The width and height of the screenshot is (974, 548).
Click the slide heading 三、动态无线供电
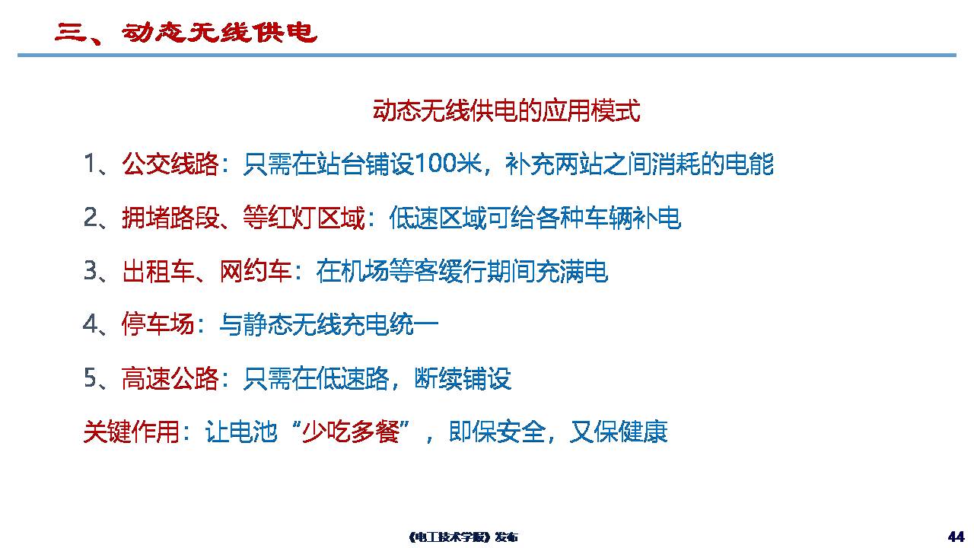pyautogui.click(x=186, y=33)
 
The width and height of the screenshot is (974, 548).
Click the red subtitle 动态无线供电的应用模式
pyautogui.click(x=506, y=111)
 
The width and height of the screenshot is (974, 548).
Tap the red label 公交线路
pyautogui.click(x=170, y=164)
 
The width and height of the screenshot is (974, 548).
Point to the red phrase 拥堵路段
pyautogui.click(x=170, y=218)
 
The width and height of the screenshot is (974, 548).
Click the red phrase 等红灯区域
pyautogui.click(x=304, y=218)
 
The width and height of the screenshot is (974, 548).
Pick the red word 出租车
pyautogui.click(x=158, y=271)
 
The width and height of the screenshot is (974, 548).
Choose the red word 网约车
pyautogui.click(x=256, y=271)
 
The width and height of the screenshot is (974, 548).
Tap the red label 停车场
pyautogui.click(x=158, y=324)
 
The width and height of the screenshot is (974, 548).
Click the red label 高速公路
pyautogui.click(x=170, y=378)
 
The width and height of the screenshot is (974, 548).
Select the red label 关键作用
pyautogui.click(x=132, y=432)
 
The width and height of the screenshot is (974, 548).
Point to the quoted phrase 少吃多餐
pyautogui.click(x=351, y=432)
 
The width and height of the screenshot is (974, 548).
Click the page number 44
pyautogui.click(x=956, y=537)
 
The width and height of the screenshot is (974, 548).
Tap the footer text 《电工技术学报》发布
pyautogui.click(x=463, y=537)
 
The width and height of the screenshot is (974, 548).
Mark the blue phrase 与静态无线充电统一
pyautogui.click(x=329, y=324)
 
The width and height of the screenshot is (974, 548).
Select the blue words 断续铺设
pyautogui.click(x=463, y=378)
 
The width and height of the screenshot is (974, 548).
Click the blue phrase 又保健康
pyautogui.click(x=619, y=432)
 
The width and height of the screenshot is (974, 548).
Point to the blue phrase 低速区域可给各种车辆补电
pyautogui.click(x=535, y=218)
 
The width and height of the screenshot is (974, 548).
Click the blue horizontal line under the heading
pyautogui.click(x=487, y=56)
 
